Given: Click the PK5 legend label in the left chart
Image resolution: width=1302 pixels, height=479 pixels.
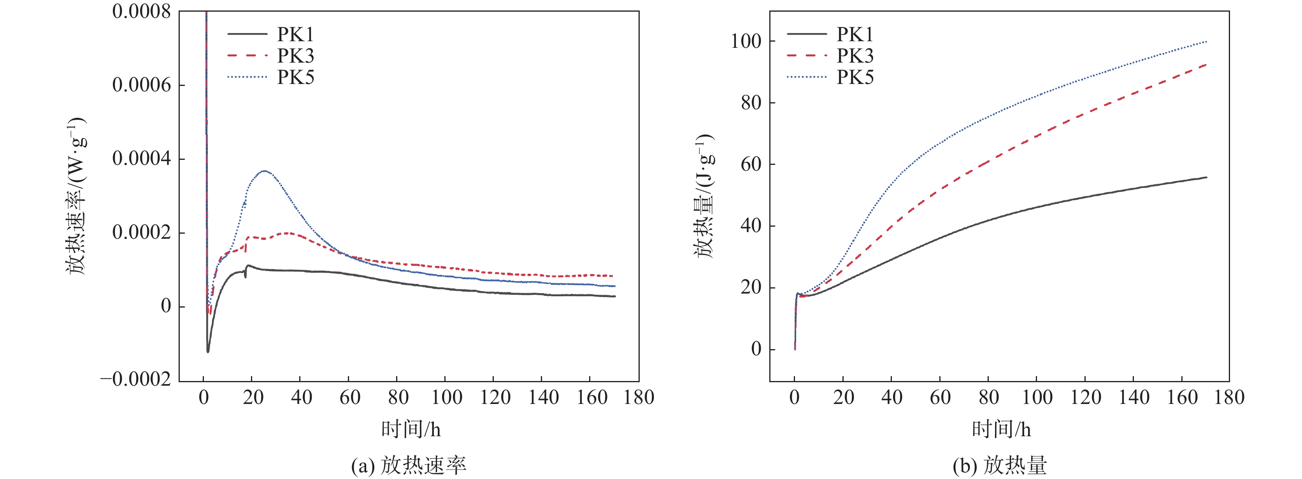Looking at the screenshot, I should point(295,77).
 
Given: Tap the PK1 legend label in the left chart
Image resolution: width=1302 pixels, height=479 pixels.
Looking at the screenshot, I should point(295,34).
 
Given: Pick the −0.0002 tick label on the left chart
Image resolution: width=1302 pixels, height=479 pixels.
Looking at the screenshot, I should point(135,379).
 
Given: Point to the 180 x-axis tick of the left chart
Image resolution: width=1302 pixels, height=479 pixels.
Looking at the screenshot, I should point(639,398).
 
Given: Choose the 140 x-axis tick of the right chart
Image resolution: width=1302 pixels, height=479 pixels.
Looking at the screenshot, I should point(1133,398).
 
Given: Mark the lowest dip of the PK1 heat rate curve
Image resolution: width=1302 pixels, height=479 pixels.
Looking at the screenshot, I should point(208,352).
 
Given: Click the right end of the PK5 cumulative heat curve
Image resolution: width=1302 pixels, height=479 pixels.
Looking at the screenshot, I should point(1207,42).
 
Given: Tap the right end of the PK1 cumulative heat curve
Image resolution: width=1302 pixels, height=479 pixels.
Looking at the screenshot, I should point(1207,177).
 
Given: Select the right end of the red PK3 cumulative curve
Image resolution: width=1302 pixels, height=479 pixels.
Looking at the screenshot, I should point(1207,65).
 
